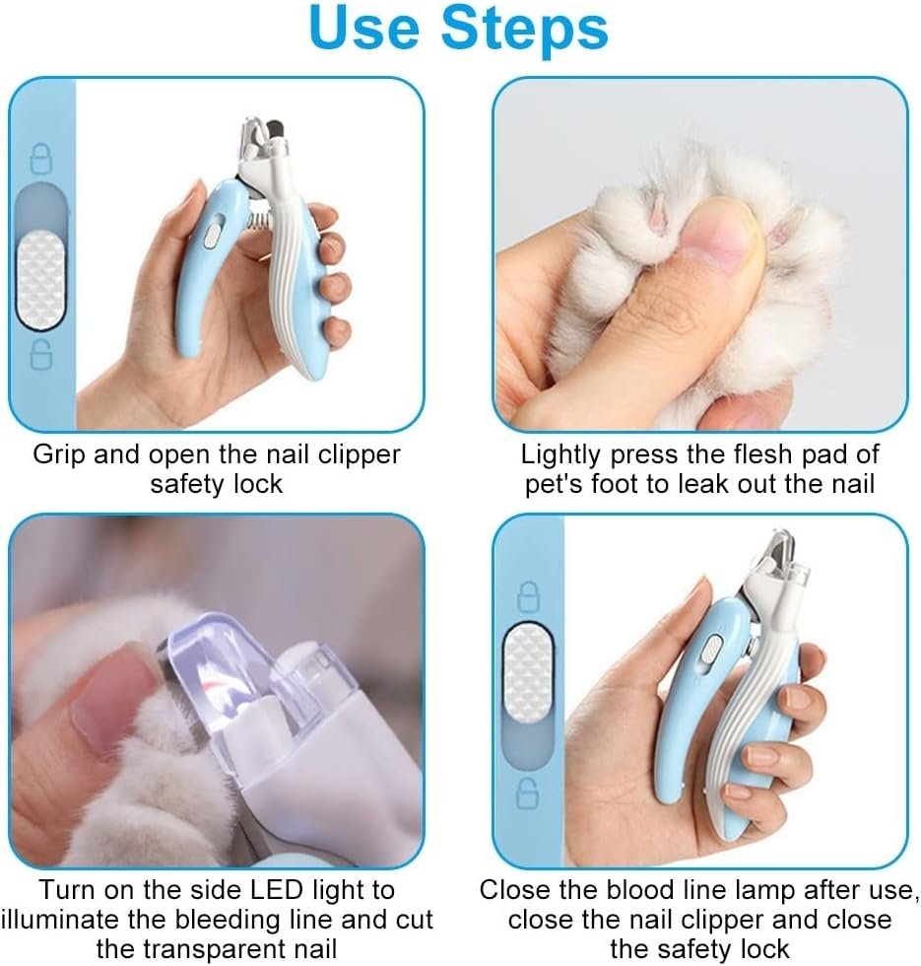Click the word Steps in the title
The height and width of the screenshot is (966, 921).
525,29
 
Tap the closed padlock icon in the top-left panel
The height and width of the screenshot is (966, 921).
41,159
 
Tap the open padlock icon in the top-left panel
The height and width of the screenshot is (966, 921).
41,353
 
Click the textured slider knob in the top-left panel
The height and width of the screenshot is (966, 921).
40,282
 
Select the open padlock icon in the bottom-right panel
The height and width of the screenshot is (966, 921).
528,793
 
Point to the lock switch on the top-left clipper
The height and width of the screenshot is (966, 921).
213,239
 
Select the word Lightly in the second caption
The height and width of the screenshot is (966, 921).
560,455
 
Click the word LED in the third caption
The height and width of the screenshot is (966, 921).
277,890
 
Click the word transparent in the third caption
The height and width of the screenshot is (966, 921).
216,948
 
